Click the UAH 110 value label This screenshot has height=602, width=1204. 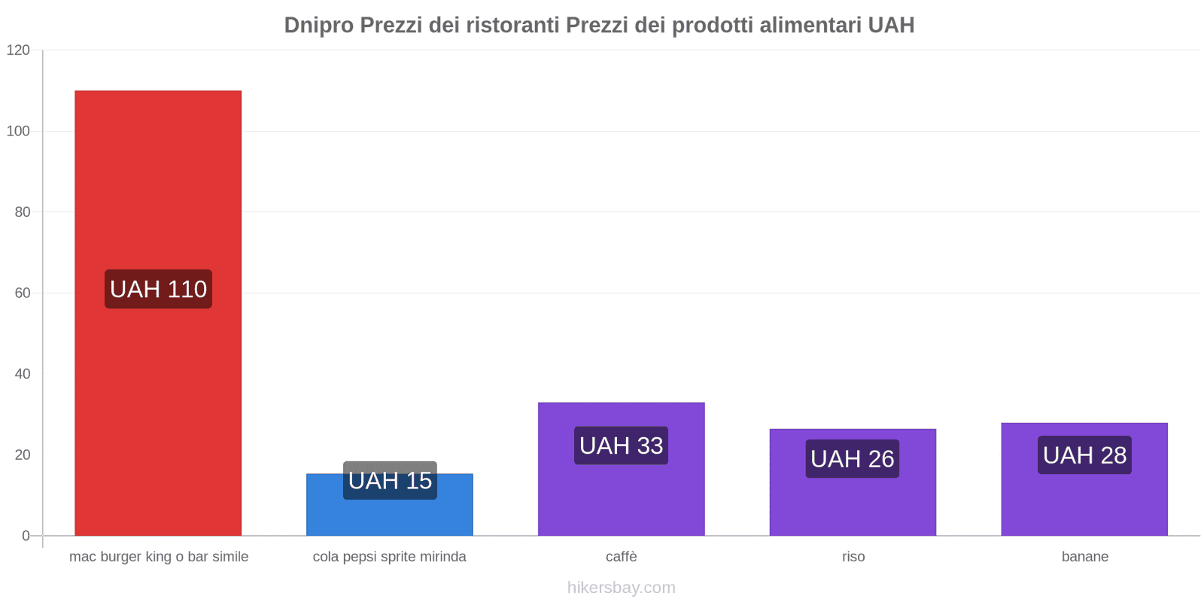tap(158, 289)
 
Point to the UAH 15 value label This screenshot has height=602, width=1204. tap(390, 480)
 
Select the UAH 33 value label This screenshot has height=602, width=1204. tap(621, 445)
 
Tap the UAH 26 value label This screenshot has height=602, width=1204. tap(853, 458)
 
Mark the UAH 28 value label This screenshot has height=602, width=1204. tap(1084, 455)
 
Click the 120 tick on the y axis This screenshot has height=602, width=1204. tap(18, 50)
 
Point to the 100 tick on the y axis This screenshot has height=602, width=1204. tap(18, 131)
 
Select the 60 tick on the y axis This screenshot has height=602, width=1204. tap(22, 293)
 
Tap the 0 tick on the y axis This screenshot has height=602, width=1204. tap(26, 536)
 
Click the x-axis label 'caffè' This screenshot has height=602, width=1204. tap(621, 557)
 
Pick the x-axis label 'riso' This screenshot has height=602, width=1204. tap(853, 557)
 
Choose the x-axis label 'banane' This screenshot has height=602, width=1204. tap(1084, 557)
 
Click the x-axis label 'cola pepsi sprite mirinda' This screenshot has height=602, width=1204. tap(389, 557)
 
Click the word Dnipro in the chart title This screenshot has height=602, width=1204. tap(318, 26)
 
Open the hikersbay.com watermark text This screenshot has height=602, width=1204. tap(621, 588)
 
